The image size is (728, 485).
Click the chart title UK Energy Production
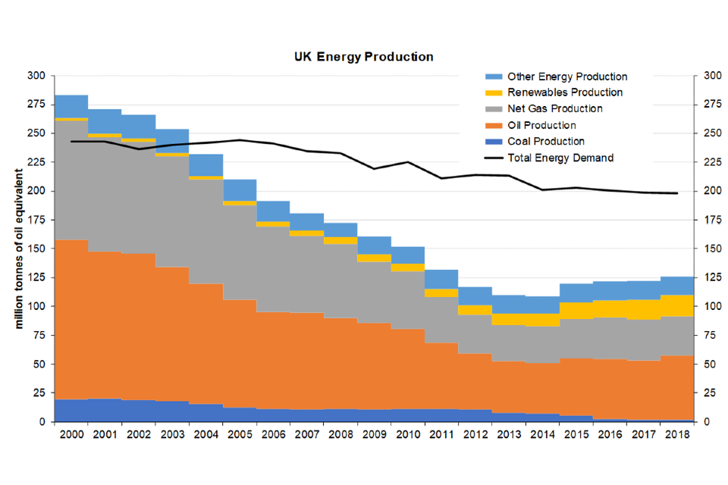click(364, 57)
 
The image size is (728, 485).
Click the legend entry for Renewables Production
click(565, 92)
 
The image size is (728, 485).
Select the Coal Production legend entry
click(546, 142)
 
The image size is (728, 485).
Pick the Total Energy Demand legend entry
click(560, 158)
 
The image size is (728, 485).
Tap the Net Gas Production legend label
click(555, 109)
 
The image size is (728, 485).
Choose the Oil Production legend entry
click(541, 125)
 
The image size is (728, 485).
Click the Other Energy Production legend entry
click(567, 77)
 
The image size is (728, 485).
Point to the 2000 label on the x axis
click(71, 434)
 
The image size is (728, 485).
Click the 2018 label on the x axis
click(676, 434)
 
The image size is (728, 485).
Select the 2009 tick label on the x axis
click(374, 434)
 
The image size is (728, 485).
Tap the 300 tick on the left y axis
click(36, 76)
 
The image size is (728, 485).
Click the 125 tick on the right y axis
click(712, 277)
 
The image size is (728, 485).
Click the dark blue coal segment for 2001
click(105, 410)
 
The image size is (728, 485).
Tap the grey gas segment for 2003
click(172, 211)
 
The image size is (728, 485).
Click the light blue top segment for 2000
click(71, 106)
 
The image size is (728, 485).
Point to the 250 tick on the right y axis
click(712, 133)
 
